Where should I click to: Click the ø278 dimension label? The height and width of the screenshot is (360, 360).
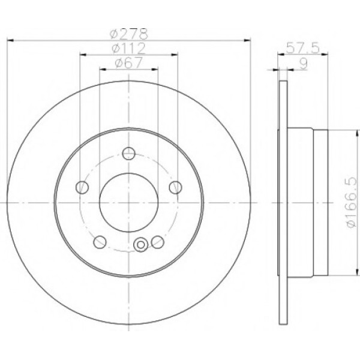[x=129, y=34]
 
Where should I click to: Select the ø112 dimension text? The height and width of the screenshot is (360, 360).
[x=129, y=48]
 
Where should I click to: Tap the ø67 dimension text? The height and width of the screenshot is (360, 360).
[x=129, y=62]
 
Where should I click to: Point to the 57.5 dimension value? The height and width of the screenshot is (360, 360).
[x=302, y=48]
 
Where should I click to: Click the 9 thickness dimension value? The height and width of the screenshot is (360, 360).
[x=303, y=64]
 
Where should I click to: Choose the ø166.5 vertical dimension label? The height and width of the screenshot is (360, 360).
[x=352, y=202]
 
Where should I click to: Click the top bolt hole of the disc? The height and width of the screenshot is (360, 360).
[x=129, y=154]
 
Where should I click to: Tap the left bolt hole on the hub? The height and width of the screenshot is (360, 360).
[x=82, y=187]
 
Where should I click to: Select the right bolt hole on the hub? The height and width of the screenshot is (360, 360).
[x=176, y=187]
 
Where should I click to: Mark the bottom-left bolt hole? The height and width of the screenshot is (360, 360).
[x=100, y=242]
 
